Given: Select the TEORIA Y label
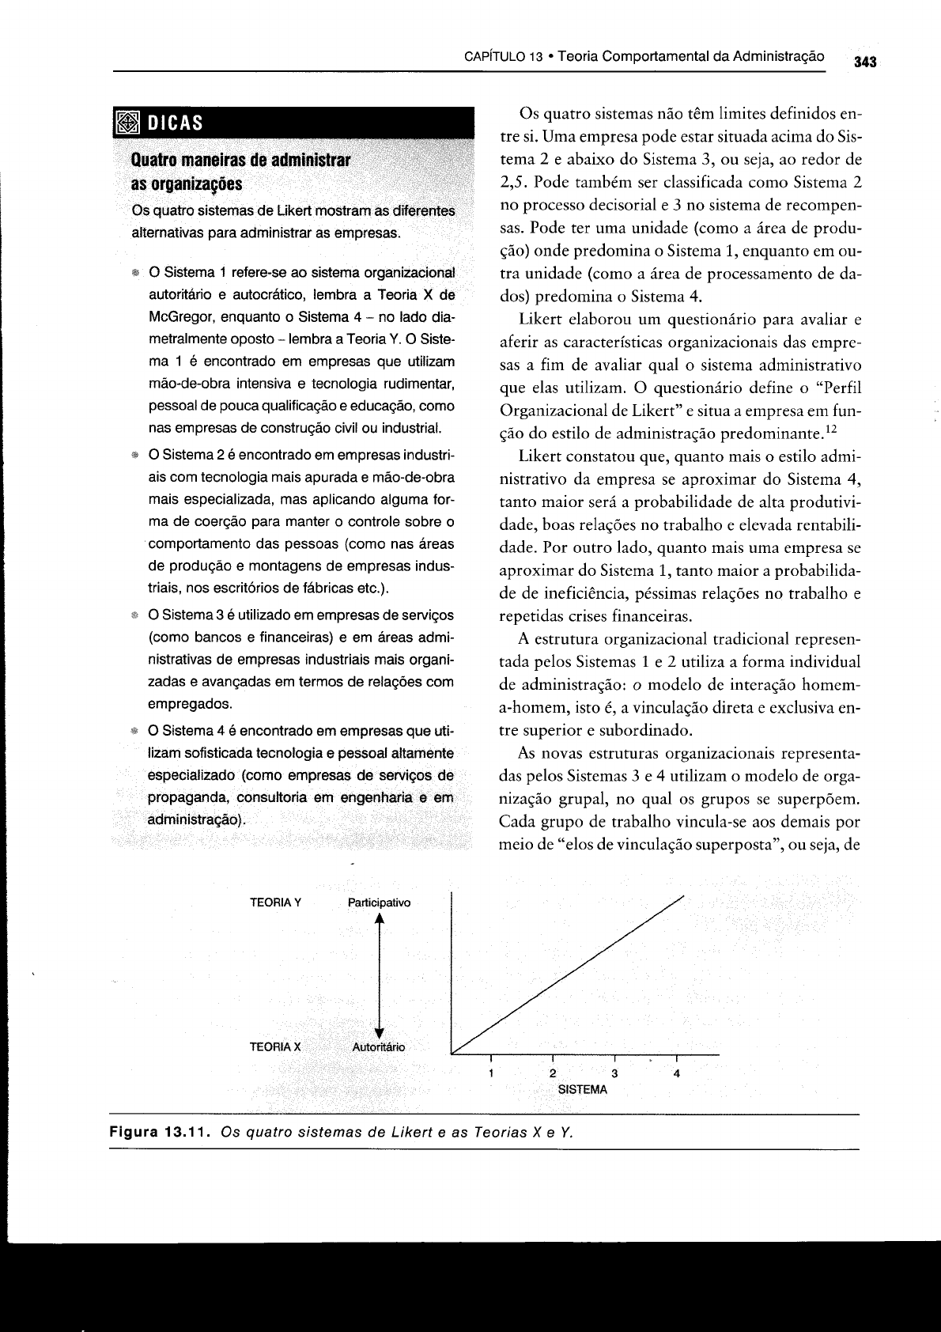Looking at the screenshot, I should click(x=275, y=903).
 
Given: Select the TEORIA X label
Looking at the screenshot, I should click(x=275, y=1046).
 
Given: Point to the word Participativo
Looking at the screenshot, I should click(x=379, y=903).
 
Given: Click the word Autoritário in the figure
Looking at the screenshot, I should click(x=378, y=1046).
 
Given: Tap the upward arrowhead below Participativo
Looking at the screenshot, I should click(x=380, y=918).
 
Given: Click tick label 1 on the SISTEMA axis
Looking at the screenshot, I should click(x=491, y=1073).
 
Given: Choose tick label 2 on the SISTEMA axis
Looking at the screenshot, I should click(x=553, y=1073).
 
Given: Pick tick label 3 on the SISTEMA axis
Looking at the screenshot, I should click(x=614, y=1073).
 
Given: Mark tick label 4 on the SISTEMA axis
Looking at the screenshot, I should click(x=676, y=1073).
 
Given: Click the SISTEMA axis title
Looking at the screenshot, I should click(x=583, y=1089).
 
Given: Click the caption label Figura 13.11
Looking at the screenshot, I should click(x=157, y=1132).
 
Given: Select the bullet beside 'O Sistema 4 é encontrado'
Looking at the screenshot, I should click(x=135, y=730).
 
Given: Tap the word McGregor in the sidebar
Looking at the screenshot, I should click(x=177, y=317).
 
